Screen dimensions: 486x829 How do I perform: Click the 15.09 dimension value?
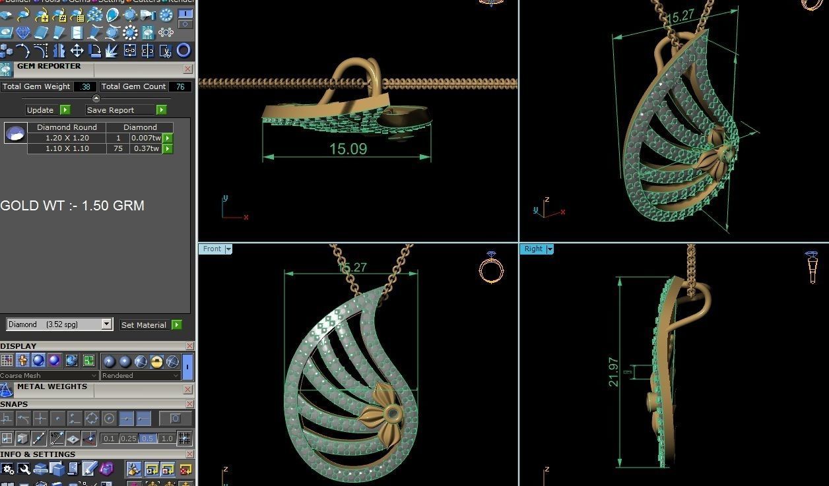tap(348, 149)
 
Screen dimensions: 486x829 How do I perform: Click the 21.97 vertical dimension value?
tap(614, 372)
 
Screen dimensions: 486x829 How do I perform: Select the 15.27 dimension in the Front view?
tap(352, 268)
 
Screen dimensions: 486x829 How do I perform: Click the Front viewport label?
tap(213, 249)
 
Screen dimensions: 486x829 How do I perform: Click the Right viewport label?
tap(533, 249)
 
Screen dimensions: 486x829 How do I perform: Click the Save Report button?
tap(110, 110)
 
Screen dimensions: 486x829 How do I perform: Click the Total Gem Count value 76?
tap(180, 86)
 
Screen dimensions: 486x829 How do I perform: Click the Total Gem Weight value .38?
tap(85, 86)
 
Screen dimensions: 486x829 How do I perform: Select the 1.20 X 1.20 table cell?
tap(67, 138)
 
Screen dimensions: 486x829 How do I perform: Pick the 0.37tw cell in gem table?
tap(145, 148)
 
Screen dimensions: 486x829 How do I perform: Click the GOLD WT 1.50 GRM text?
tap(72, 206)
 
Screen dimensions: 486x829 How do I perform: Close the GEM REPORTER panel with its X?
tap(188, 69)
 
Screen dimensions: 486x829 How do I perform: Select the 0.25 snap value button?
tap(129, 439)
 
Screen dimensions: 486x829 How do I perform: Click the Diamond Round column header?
tap(67, 127)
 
